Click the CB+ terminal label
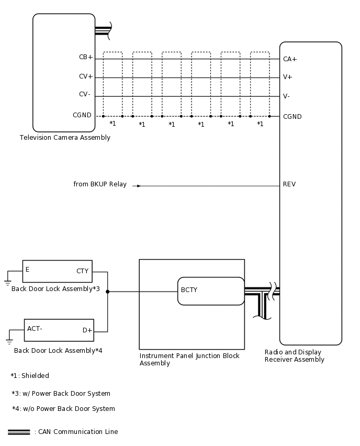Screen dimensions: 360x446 [x=86, y=57]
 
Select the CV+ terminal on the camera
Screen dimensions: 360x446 [x=86, y=76]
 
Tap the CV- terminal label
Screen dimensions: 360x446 [x=85, y=94]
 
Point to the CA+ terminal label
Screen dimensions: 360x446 [x=290, y=59]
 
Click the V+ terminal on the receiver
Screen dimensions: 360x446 [x=287, y=77]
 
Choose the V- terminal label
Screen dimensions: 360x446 [x=286, y=96]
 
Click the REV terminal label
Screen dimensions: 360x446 [x=289, y=184]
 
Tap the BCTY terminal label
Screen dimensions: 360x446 [x=189, y=290]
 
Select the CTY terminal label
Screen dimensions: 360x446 [x=83, y=271]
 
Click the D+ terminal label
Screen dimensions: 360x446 [x=87, y=330]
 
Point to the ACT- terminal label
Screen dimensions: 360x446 [x=35, y=329]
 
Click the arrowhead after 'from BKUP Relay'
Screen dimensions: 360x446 [x=139, y=186]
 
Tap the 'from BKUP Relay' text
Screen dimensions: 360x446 [x=100, y=184]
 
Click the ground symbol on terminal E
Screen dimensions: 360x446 [x=7, y=283]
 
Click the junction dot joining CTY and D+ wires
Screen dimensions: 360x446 [x=107, y=292]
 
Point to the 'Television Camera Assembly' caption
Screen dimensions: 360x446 [x=65, y=138]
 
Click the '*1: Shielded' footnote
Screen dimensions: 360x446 [x=30, y=375]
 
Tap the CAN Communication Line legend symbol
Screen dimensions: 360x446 [x=19, y=432]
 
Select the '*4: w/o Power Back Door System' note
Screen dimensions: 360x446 [x=63, y=409]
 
